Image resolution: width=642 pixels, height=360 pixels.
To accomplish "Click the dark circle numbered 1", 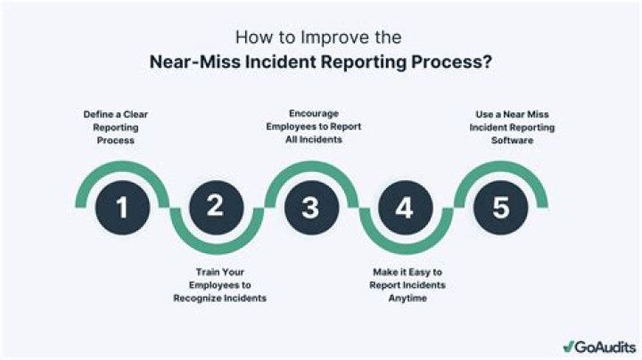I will (x=122, y=208).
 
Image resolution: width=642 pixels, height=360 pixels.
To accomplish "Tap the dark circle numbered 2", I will (x=215, y=208).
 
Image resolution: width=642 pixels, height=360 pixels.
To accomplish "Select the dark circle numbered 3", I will (x=309, y=208).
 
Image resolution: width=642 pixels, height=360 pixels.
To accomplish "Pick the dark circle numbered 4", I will (x=404, y=208).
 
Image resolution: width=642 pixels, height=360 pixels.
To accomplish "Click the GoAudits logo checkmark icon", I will (x=568, y=345).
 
